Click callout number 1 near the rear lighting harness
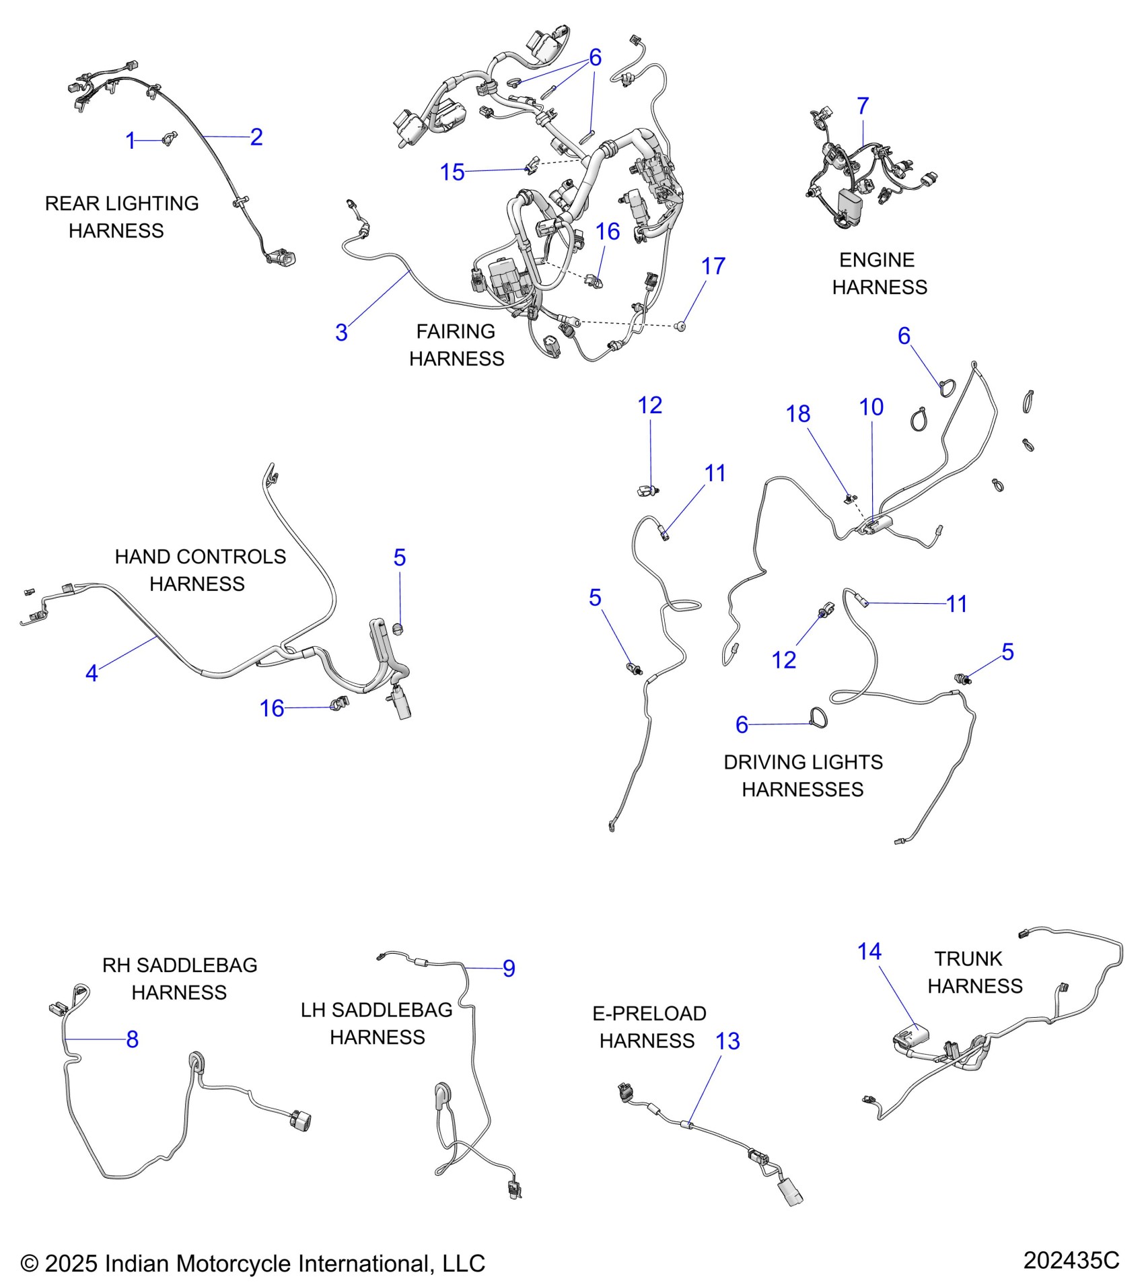(131, 141)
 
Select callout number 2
(256, 137)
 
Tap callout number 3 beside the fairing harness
(341, 333)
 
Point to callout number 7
(863, 106)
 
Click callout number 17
(713, 267)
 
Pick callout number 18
(798, 414)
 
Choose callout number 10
(871, 407)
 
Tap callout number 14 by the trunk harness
(869, 952)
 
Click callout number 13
(727, 1041)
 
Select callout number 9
(509, 969)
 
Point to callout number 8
(133, 1039)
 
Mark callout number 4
(92, 673)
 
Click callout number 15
(452, 172)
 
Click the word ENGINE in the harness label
(876, 260)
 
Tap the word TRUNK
(968, 959)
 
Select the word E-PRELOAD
(649, 1014)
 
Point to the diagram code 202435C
(1071, 1260)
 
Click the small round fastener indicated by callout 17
(680, 326)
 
